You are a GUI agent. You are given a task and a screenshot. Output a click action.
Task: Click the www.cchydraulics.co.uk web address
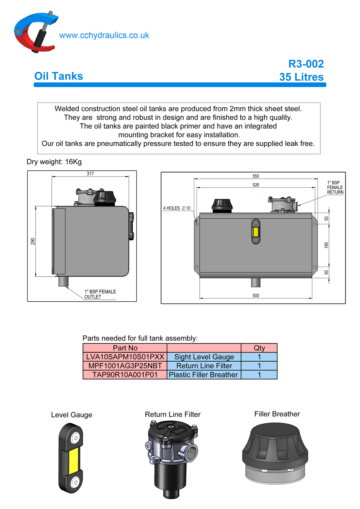[104, 35]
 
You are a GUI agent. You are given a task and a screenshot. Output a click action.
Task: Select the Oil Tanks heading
[59, 76]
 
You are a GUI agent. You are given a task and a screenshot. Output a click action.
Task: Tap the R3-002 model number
[306, 64]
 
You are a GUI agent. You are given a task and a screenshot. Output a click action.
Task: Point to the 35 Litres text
[301, 77]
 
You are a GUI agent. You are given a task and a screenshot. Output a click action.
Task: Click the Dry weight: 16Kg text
[54, 162]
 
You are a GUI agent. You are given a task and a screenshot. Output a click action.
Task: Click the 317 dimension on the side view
[90, 174]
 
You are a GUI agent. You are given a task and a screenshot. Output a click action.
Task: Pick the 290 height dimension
[33, 241]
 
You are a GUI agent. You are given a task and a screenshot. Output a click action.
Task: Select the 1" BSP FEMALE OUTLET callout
[100, 294]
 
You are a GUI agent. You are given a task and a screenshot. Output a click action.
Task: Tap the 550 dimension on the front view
[256, 176]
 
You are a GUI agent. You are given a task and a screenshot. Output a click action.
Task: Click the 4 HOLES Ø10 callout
[177, 208]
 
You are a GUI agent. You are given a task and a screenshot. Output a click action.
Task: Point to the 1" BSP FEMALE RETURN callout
[335, 187]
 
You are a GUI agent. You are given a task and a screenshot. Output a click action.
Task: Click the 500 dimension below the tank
[256, 295]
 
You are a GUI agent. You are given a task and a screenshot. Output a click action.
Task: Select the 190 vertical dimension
[326, 245]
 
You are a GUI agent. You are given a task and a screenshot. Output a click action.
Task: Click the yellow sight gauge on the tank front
[256, 232]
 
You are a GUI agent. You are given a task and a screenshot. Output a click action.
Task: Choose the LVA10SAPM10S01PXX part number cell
[125, 357]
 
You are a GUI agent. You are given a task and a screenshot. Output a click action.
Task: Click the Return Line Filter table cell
[204, 366]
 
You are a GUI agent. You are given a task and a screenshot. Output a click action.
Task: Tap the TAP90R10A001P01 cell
[125, 375]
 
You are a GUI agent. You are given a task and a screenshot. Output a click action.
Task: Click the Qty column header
[259, 348]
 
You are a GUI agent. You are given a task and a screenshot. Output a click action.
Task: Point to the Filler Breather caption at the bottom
[277, 414]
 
